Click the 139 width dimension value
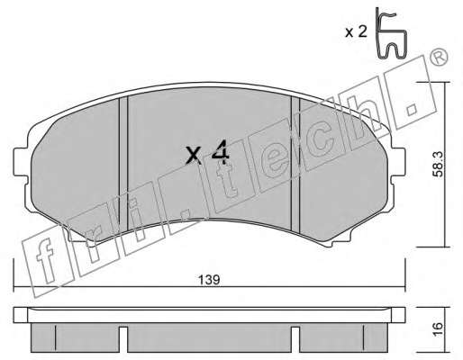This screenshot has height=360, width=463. [209, 280]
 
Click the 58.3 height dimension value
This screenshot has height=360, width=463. [439, 164]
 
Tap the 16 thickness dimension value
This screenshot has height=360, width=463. [439, 329]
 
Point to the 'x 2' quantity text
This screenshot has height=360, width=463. [356, 31]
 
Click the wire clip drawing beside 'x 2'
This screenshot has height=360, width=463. [391, 32]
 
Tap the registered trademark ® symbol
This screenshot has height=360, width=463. [439, 58]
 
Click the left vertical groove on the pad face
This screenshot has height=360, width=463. [123, 164]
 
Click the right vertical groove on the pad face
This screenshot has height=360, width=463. [295, 165]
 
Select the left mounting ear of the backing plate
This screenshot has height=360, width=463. [21, 162]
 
